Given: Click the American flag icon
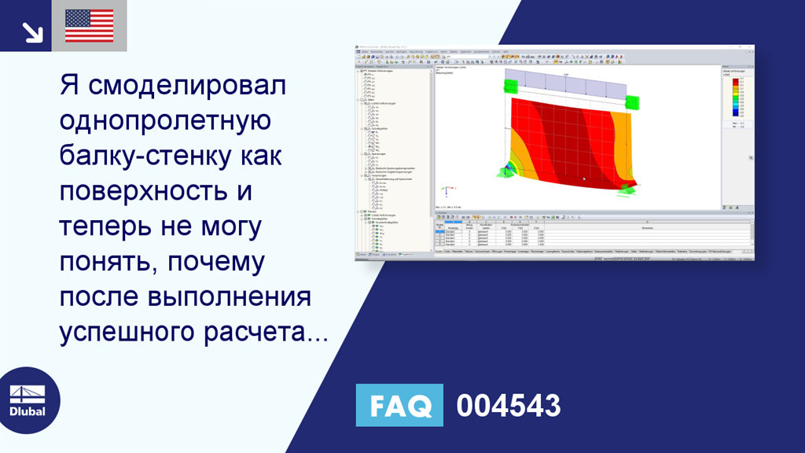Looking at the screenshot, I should point(89,25).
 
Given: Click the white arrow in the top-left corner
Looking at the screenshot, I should point(31,31).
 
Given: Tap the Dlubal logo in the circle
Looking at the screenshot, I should point(27,401).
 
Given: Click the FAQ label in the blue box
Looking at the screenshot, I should point(399,406).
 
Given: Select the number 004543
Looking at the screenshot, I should point(509,406).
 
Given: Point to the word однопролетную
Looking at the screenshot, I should point(164,123).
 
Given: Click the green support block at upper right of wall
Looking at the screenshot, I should point(632,101).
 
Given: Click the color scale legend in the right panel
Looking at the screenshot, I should point(735,98).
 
